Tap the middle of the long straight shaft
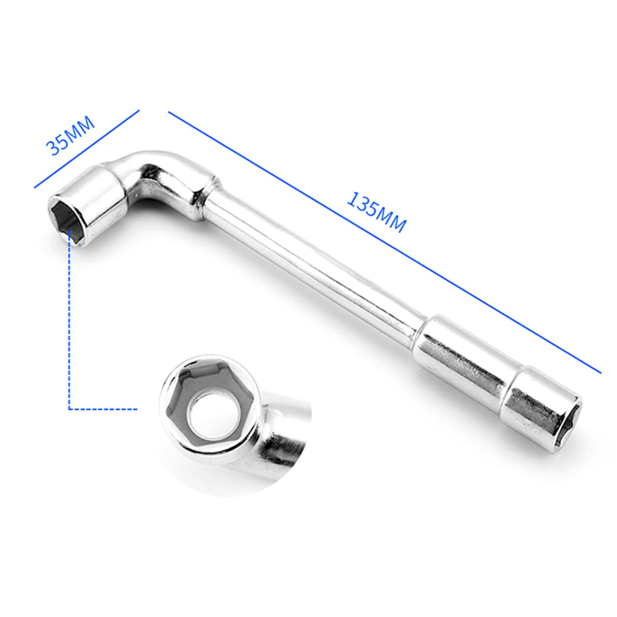click(316, 270)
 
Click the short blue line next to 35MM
click(86, 149)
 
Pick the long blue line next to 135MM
click(384, 242)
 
